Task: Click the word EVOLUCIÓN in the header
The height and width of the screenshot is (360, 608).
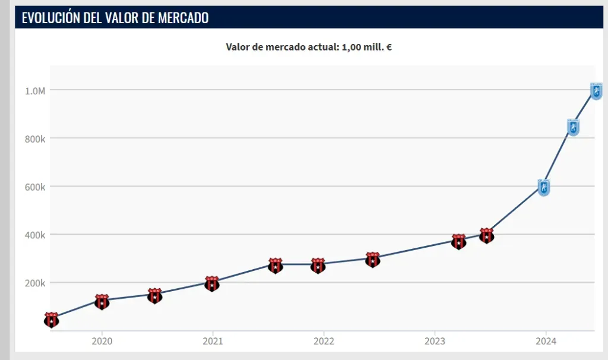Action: tap(49, 18)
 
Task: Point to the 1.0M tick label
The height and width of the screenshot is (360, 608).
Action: tap(35, 91)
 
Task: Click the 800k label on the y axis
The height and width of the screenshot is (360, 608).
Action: tap(35, 139)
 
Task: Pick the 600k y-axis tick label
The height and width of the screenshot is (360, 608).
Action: tap(35, 187)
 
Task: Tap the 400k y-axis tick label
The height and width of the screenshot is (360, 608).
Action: tap(35, 235)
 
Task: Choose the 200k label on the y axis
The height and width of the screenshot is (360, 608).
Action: tap(35, 283)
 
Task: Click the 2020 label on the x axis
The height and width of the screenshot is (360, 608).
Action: tap(102, 342)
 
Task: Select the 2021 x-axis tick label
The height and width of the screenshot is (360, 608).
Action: tap(213, 342)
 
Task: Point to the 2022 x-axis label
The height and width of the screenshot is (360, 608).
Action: tap(324, 342)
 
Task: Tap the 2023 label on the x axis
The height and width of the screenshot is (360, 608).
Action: tap(435, 342)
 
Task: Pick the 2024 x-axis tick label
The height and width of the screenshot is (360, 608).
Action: tap(546, 342)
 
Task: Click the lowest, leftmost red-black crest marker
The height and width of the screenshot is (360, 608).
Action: tap(52, 320)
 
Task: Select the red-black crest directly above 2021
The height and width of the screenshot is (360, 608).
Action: tap(212, 283)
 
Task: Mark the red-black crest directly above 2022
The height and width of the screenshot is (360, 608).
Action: tap(318, 266)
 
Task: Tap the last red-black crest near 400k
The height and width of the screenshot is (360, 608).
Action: tap(487, 235)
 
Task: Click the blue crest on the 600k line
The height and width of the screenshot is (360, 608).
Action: tap(544, 187)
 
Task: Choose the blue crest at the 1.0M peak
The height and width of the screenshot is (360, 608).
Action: tap(596, 91)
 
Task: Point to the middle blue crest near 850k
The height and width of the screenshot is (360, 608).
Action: tap(573, 127)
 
